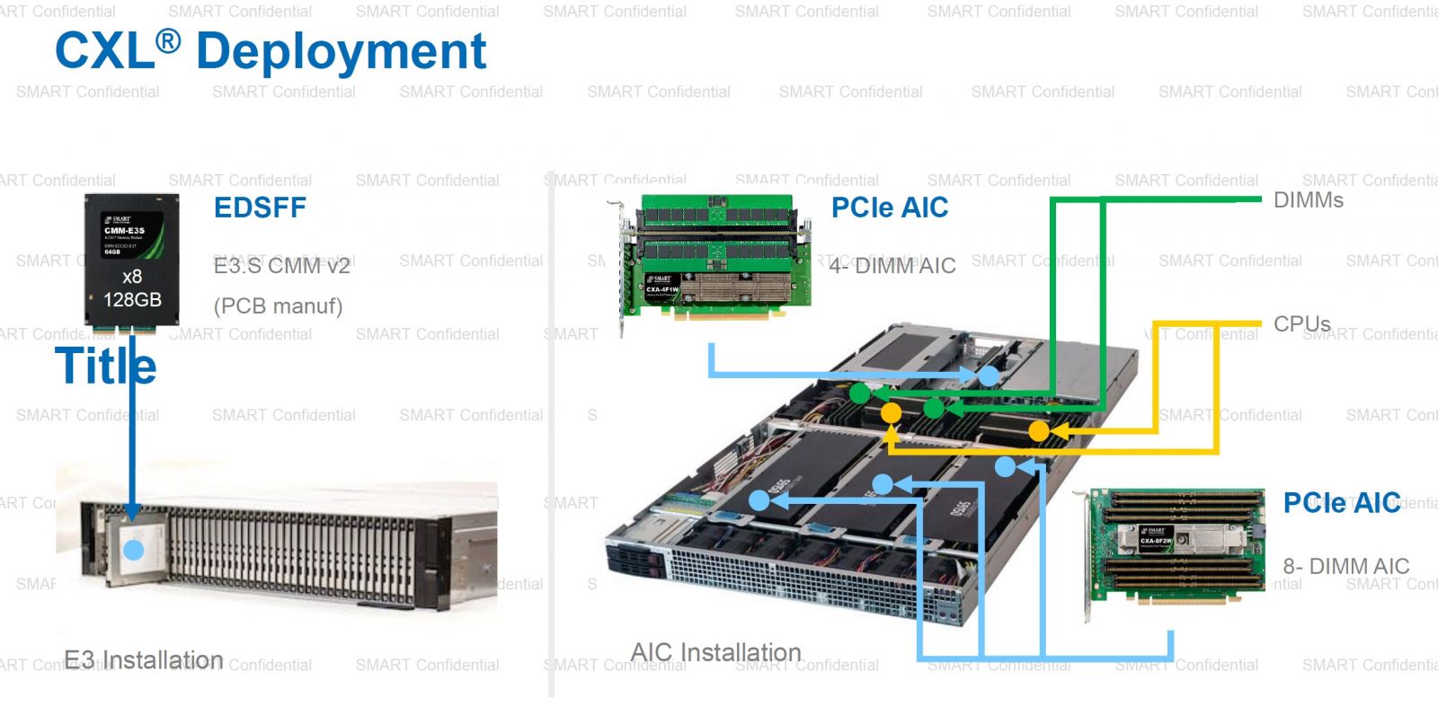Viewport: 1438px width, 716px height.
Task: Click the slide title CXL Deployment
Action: (x=271, y=51)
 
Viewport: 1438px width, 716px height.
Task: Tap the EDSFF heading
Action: (x=260, y=208)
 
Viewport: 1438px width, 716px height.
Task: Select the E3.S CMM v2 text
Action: (x=281, y=266)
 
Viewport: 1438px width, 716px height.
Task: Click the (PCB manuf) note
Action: (x=278, y=306)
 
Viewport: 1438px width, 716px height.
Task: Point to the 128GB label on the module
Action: (x=132, y=300)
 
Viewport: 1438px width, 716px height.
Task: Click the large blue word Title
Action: (x=106, y=366)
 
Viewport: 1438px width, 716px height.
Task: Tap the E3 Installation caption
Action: (x=144, y=660)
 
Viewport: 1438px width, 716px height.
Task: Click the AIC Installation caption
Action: (x=715, y=652)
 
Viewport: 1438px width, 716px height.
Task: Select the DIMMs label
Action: (x=1308, y=200)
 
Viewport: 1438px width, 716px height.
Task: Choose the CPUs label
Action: (x=1301, y=323)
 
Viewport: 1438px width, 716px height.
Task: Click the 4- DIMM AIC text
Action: (x=892, y=266)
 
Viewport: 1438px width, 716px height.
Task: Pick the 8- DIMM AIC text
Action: (x=1345, y=566)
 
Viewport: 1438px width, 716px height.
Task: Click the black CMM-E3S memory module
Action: (x=132, y=260)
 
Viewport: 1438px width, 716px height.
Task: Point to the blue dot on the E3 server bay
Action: (x=133, y=550)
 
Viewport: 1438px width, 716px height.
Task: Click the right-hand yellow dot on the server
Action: (x=1038, y=431)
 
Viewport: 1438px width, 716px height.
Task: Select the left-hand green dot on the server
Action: (x=860, y=393)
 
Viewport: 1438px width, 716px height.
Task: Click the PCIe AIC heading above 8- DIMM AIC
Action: (x=1341, y=503)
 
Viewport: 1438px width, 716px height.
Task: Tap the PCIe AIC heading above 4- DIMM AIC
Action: (x=890, y=208)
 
